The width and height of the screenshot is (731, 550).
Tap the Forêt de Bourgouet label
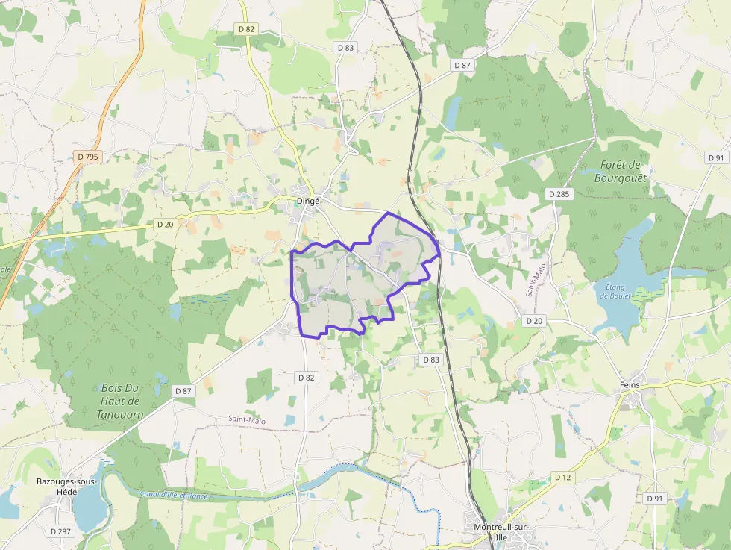[x=621, y=172]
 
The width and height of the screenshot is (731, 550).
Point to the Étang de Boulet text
[x=615, y=290]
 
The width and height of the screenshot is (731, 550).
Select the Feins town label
[x=630, y=385]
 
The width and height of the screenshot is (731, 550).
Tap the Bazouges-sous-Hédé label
[x=66, y=487]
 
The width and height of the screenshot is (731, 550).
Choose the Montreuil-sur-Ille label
[x=501, y=532]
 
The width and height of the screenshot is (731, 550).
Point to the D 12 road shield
[x=563, y=477]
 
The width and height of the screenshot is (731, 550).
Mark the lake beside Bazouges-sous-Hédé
[x=88, y=507]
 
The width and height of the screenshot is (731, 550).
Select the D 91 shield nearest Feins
[x=655, y=498]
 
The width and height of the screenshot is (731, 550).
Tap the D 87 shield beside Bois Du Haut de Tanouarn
[x=183, y=390]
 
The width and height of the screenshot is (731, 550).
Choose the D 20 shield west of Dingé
[x=165, y=224]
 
